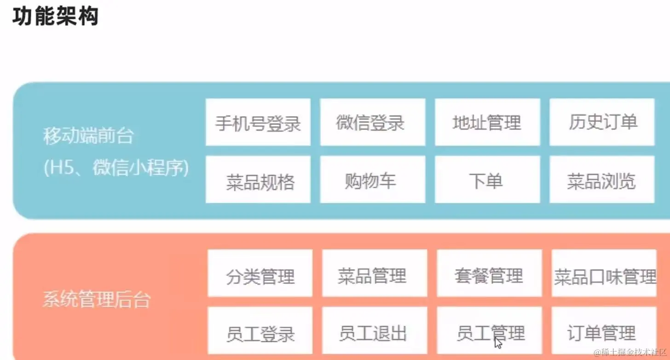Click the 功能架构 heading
(55, 17)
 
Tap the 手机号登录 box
(258, 122)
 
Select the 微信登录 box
(372, 122)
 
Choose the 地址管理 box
(487, 122)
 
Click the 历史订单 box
(602, 122)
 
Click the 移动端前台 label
(88, 137)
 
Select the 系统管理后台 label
(97, 300)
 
